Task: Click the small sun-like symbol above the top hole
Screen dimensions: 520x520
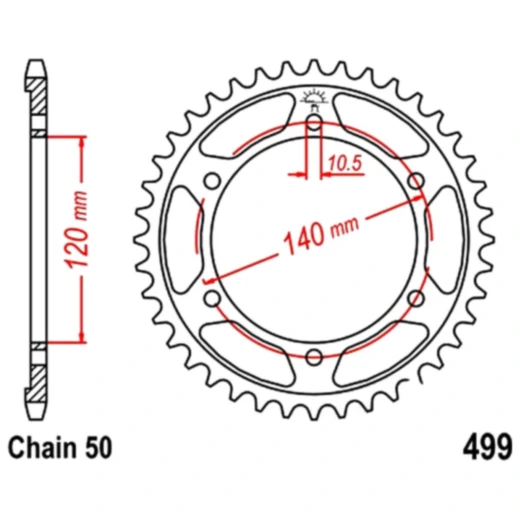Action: [314, 97]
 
